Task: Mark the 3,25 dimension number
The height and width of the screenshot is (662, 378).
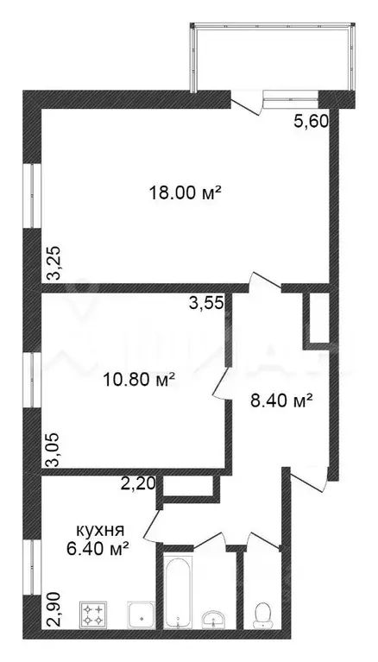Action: pyautogui.click(x=54, y=263)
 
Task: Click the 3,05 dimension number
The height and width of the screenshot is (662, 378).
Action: pyautogui.click(x=54, y=451)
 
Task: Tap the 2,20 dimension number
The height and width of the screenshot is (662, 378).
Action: pyautogui.click(x=139, y=483)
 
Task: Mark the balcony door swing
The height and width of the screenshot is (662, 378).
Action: pyautogui.click(x=246, y=104)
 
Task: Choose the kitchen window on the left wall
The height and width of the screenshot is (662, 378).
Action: pyautogui.click(x=32, y=565)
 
